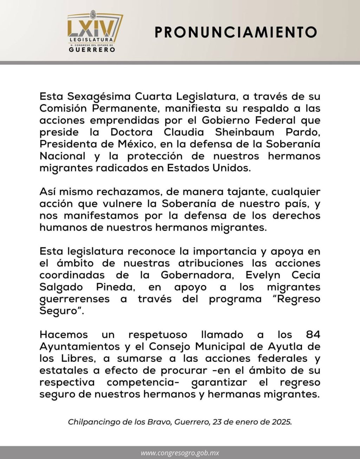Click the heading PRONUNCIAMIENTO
coord(236,32)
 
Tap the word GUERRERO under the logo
coord(92,50)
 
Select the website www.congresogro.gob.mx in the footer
coord(180,453)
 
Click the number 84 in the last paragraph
coord(313,335)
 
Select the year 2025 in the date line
coord(281,422)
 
